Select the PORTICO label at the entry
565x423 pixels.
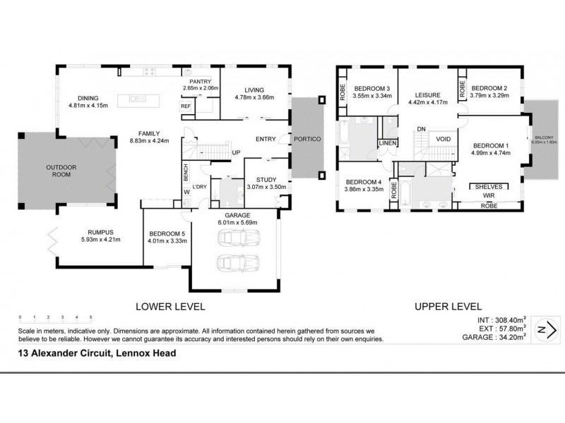(309, 139)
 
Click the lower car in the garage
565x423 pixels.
(233, 264)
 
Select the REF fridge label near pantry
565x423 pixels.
(186, 106)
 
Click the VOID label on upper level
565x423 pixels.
(443, 139)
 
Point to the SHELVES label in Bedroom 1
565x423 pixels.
(489, 187)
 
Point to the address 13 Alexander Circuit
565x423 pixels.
(95, 353)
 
